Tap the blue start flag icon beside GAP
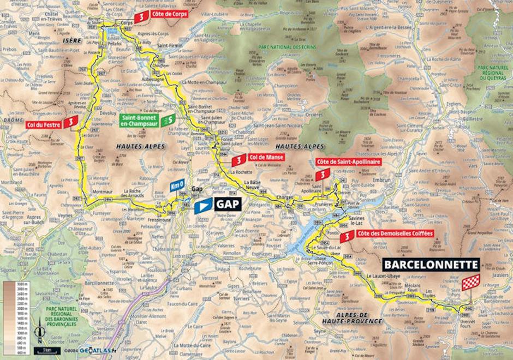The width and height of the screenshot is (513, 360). (x=202, y=206)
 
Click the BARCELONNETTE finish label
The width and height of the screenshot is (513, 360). (x=431, y=265)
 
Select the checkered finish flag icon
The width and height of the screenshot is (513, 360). (x=470, y=282)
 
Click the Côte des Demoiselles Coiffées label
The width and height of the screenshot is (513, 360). (x=395, y=234)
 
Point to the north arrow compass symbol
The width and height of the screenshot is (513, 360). (x=38, y=331)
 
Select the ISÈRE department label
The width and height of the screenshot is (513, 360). (x=72, y=40)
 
